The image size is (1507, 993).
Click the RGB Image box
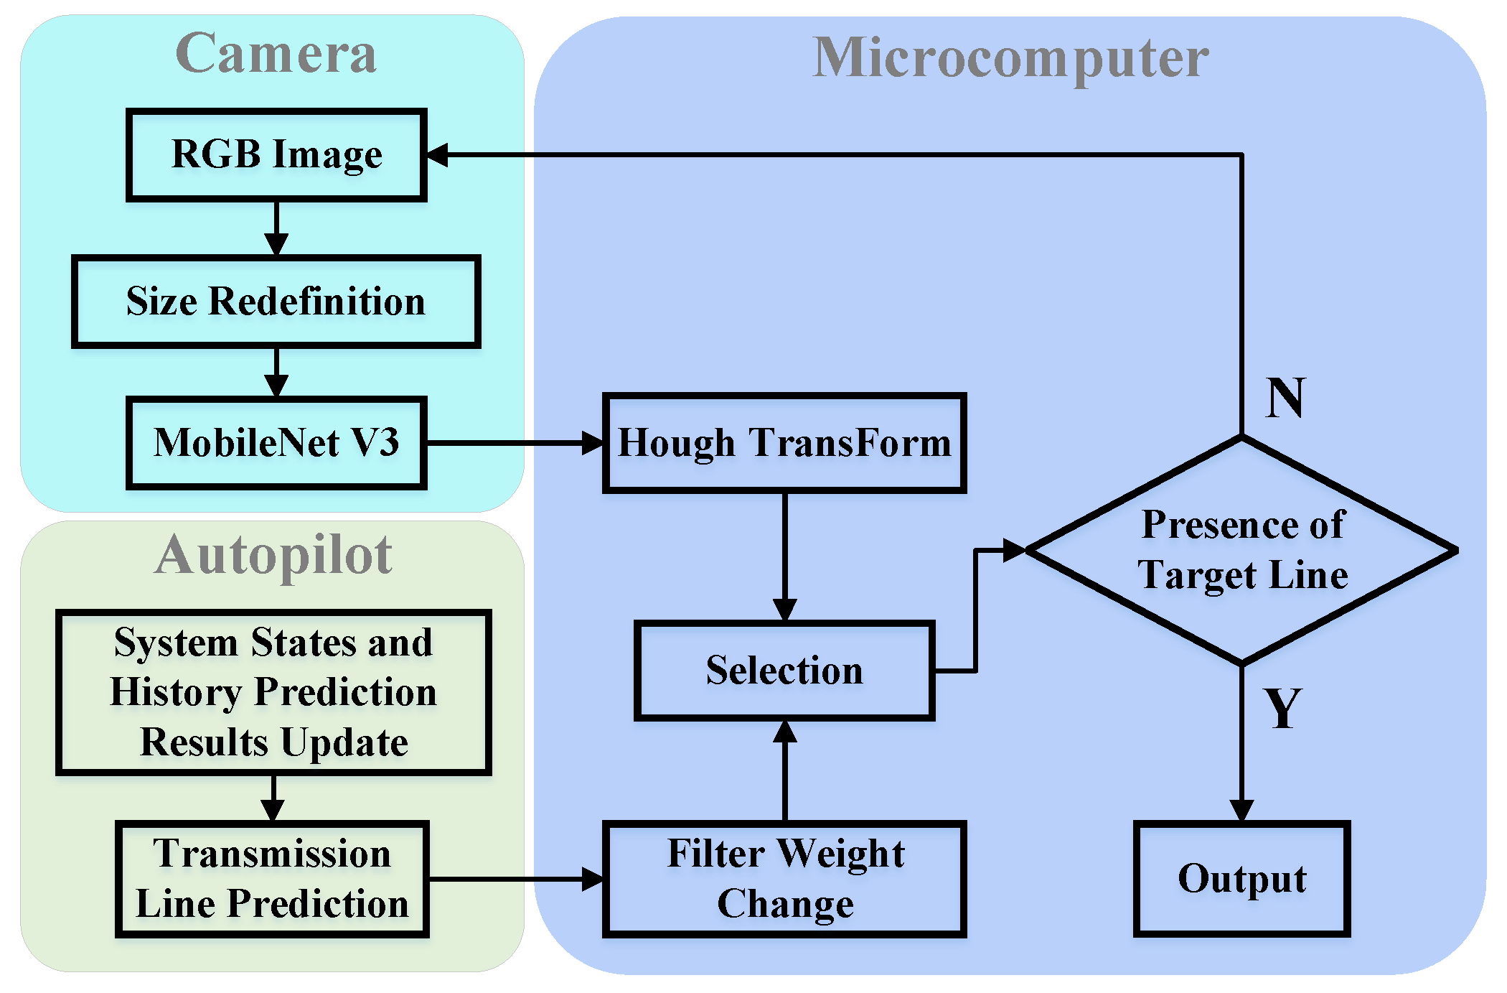(276, 155)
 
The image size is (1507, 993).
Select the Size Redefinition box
(276, 302)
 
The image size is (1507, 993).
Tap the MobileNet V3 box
(276, 443)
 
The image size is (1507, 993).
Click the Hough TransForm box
(784, 443)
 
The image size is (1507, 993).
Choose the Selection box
(784, 671)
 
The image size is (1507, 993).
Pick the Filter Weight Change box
(784, 879)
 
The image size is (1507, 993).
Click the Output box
(1241, 879)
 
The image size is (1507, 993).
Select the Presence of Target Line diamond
(1241, 551)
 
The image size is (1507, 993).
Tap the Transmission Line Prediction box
(272, 879)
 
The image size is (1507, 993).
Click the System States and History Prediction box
(273, 692)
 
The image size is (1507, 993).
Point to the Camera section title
(276, 53)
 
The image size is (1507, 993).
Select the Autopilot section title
(273, 555)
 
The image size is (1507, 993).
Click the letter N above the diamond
(1285, 398)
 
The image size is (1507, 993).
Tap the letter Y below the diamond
(1283, 709)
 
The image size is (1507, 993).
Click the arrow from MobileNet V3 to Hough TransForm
(513, 443)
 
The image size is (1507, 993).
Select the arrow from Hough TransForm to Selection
(784, 556)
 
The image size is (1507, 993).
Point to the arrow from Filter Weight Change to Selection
(784, 772)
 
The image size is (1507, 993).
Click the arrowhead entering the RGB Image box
(438, 155)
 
